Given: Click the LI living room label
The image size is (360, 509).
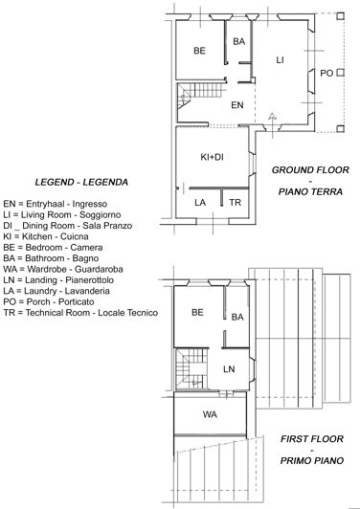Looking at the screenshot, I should coord(280,60).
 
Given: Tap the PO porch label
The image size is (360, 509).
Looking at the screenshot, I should coord(326,73).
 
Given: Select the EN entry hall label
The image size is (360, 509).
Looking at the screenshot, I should coord(238,105).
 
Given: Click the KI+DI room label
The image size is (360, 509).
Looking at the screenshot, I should coord(212,157).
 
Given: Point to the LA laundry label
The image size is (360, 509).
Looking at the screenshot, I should coord(200,203).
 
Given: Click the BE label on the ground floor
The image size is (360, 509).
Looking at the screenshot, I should coord(199,51).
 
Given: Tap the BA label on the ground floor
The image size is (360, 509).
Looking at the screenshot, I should coord(238,41).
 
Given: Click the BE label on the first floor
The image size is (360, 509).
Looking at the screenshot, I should coord(197,312).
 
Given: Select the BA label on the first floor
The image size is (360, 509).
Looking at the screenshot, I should coord(237,317).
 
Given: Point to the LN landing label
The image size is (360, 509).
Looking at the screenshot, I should coord(229,368).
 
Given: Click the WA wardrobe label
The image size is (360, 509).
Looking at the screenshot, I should coord(210,414).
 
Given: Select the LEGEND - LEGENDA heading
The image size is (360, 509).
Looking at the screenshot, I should coord(81,182).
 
